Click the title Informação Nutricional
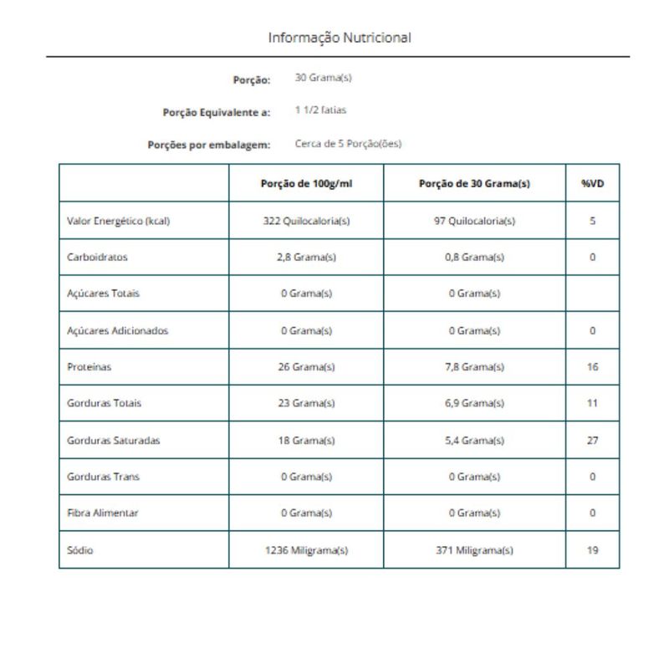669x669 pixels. coord(339,38)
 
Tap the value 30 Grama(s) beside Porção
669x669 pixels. coord(324,79)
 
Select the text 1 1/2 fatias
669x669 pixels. coord(321,110)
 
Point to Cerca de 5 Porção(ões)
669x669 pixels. coord(349,144)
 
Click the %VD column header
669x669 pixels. coord(592,184)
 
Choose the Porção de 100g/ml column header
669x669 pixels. coord(306,184)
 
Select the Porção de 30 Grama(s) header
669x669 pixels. coord(474,184)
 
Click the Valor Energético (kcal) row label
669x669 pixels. coord(119,222)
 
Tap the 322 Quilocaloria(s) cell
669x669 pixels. coord(306,222)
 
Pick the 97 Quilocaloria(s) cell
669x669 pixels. coord(474,222)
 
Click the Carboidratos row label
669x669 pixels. coord(97,258)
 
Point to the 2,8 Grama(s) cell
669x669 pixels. coord(306,258)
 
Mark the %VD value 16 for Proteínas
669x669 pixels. coord(592,367)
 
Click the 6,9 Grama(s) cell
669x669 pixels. coord(474,403)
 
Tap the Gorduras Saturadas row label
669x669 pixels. coord(113,440)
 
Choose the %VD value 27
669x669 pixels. coord(592,440)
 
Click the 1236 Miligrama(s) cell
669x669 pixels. coord(306,550)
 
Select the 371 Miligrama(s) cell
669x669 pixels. coord(474,550)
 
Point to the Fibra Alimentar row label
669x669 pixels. coord(102,513)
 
